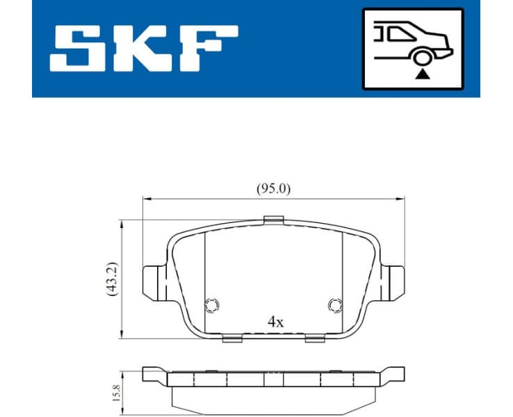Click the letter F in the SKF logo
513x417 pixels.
[208, 48]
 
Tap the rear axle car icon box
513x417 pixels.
[412, 49]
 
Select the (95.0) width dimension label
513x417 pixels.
[272, 189]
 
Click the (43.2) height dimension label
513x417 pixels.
[112, 279]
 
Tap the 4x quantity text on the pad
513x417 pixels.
[276, 322]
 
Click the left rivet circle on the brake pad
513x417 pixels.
[212, 304]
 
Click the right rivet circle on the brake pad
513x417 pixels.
[334, 304]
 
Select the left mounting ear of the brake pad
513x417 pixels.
[152, 282]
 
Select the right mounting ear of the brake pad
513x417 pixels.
[394, 282]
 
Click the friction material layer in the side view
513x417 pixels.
[274, 395]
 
